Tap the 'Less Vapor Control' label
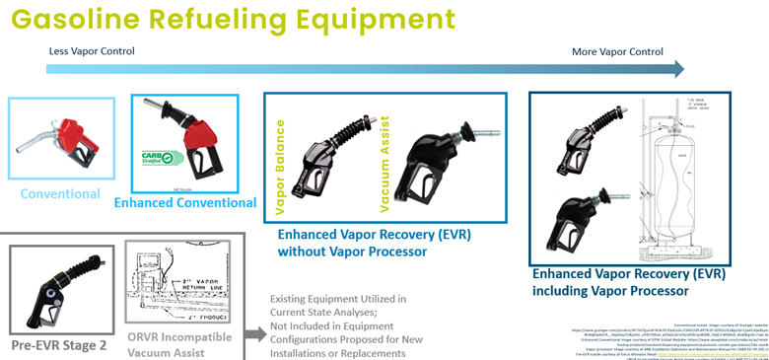pyautogui.click(x=92, y=51)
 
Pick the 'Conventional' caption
pyautogui.click(x=60, y=193)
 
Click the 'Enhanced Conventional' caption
pyautogui.click(x=185, y=203)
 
